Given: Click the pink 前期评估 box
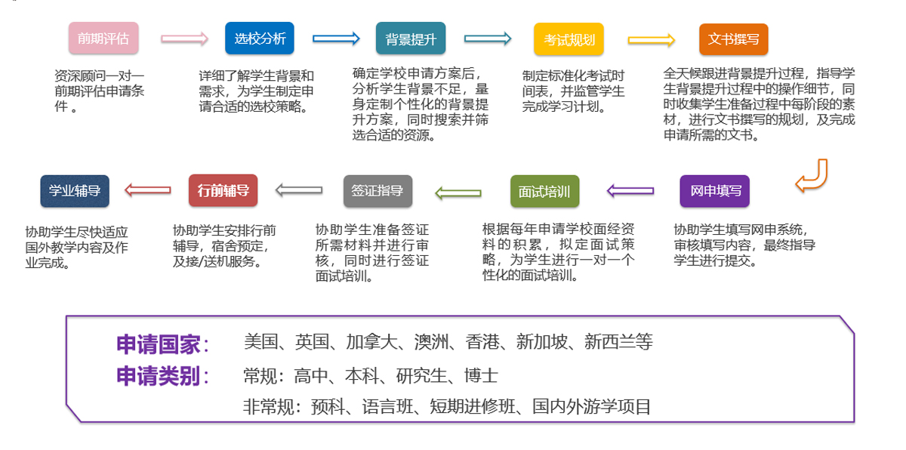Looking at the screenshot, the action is (103, 39).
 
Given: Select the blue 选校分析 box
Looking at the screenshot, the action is (260, 39).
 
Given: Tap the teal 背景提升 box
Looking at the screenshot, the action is (411, 39).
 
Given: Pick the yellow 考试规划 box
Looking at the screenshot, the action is (569, 39).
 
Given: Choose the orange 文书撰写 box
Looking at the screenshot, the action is (733, 39).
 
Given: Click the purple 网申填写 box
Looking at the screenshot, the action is (715, 191).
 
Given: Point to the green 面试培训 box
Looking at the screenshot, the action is (544, 192).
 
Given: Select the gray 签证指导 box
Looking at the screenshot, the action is (377, 191).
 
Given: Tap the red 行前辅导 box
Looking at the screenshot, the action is (223, 190).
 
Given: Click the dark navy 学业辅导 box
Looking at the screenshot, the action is (75, 191).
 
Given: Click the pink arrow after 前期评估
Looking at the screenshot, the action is (184, 39).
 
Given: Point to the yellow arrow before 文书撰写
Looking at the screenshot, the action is (651, 40).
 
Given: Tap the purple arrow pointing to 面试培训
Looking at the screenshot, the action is (630, 191).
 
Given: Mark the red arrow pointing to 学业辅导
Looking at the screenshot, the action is (148, 190).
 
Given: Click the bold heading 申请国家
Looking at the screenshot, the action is (162, 344).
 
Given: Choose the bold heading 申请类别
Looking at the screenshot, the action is (162, 376).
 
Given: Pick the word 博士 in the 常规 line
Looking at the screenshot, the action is (481, 375).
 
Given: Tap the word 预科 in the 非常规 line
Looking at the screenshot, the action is (328, 407).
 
